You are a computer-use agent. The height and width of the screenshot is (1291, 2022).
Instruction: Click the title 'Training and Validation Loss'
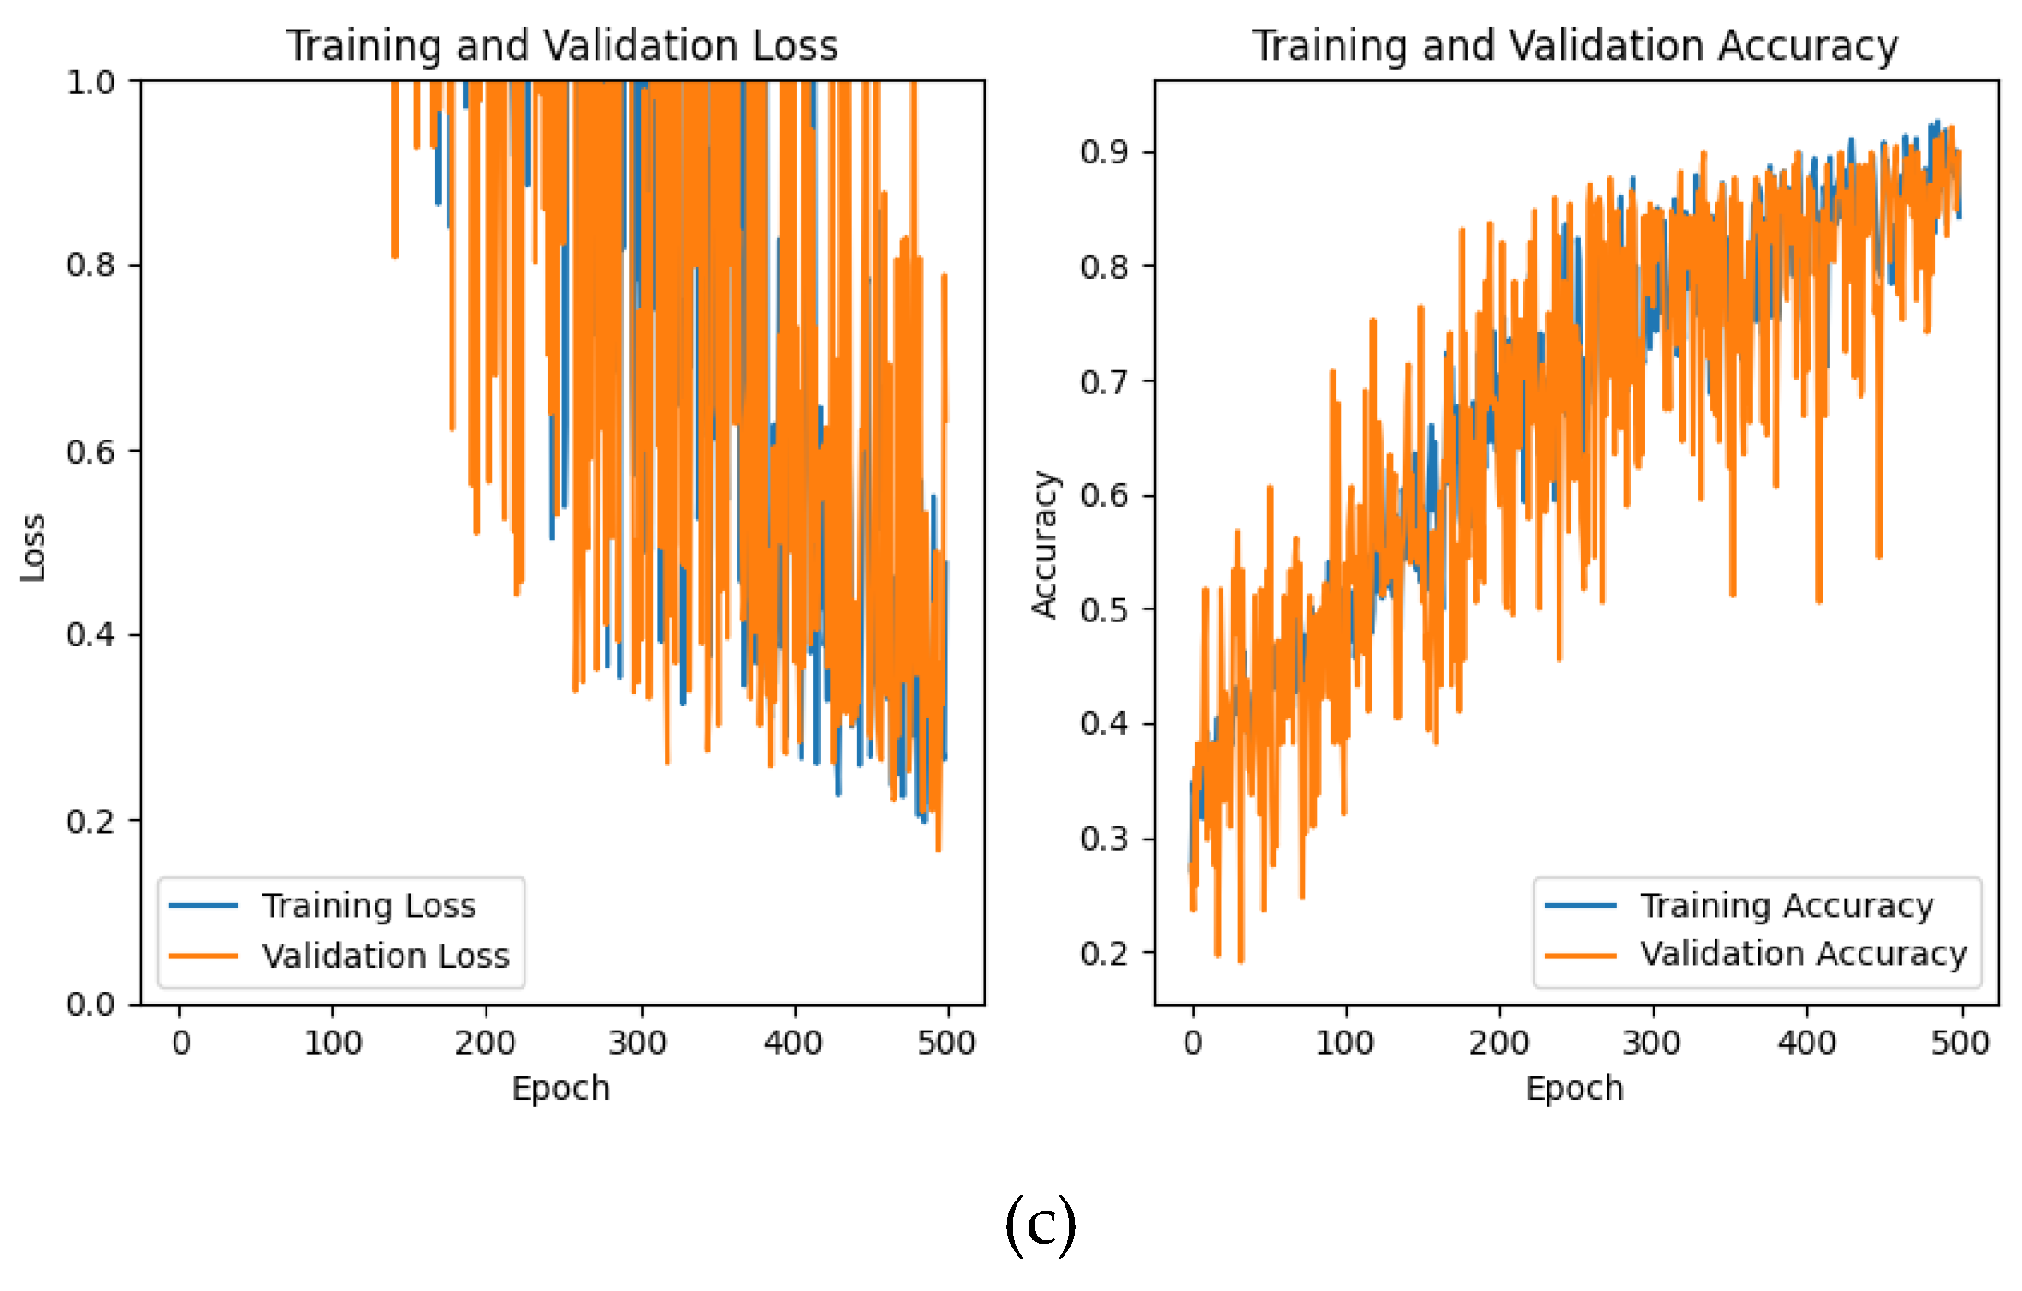pos(561,46)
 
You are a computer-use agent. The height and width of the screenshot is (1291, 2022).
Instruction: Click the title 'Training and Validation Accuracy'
pos(1574,46)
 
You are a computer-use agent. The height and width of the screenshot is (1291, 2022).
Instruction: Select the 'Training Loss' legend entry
pos(368,906)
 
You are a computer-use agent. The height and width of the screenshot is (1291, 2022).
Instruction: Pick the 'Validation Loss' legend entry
pos(385,956)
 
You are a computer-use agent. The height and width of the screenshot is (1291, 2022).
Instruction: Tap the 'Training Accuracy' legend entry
pos(1787,906)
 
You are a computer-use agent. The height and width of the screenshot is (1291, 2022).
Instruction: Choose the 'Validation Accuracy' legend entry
pos(1802,954)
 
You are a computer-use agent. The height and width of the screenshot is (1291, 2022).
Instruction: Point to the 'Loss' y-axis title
pos(33,548)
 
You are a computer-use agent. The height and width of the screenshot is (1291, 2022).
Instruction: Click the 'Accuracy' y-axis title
pos(1044,544)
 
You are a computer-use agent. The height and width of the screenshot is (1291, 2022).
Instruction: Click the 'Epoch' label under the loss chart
pos(560,1089)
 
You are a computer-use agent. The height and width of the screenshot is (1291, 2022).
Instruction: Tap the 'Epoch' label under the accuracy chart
pos(1574,1089)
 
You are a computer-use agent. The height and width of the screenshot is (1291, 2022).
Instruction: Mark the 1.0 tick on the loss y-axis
pos(90,83)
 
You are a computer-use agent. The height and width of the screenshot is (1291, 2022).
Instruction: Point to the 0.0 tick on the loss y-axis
pos(90,1004)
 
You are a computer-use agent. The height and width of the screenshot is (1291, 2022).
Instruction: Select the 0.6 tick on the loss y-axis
pos(90,452)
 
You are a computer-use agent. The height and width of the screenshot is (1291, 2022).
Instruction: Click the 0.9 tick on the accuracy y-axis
pos(1104,152)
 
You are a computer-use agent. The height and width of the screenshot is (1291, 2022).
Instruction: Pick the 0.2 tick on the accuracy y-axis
pos(1104,953)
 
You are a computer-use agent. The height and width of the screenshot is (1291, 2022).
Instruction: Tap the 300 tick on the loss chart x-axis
pos(638,1044)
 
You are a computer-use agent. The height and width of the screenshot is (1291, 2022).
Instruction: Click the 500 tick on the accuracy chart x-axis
pos(1960,1044)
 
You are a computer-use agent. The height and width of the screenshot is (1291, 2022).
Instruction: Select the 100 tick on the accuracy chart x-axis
pos(1345,1044)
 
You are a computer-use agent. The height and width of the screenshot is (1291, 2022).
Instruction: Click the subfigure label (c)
pos(1041,1225)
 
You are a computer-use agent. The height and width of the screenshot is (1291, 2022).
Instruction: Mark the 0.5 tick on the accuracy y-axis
pos(1104,610)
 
